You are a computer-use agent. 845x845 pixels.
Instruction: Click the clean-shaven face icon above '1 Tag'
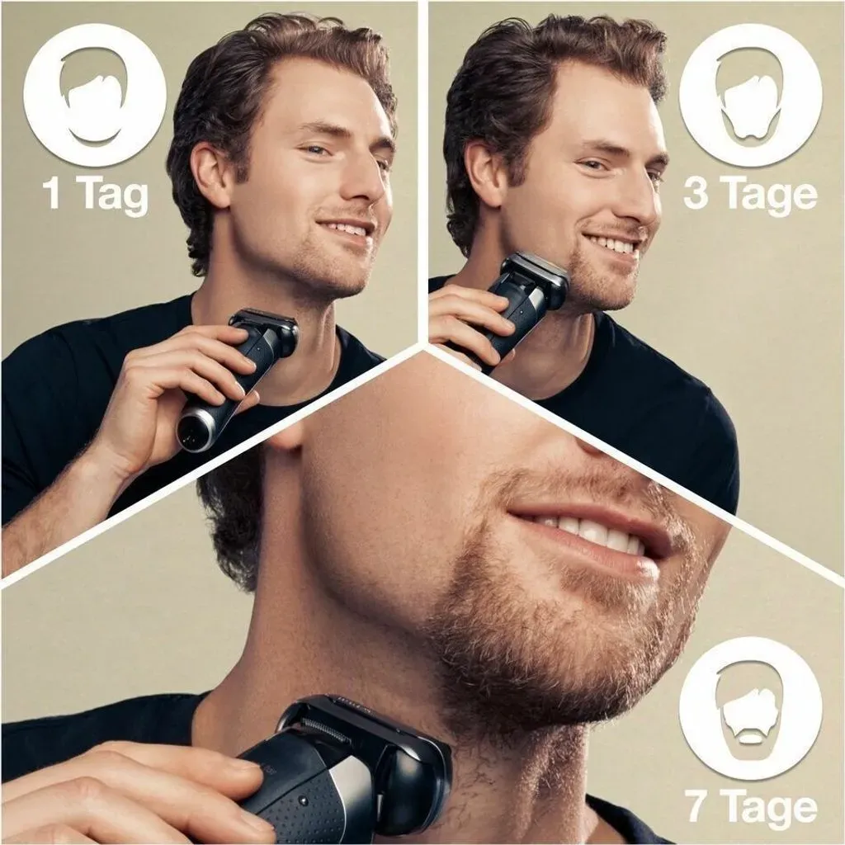tap(95, 102)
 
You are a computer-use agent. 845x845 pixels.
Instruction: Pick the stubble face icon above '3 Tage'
tap(750, 102)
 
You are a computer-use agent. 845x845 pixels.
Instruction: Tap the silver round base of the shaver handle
tap(197, 430)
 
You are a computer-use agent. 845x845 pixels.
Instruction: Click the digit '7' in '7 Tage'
tap(696, 807)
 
